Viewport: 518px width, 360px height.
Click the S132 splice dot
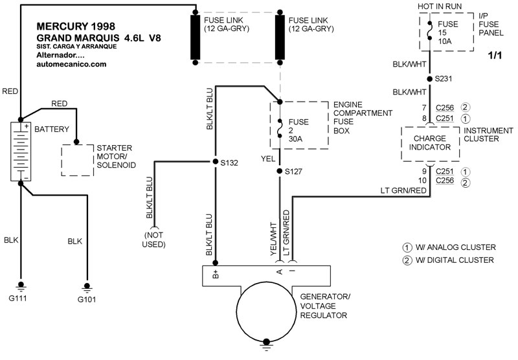point(216,161)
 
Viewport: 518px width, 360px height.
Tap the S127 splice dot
point(280,171)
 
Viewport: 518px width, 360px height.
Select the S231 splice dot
point(429,79)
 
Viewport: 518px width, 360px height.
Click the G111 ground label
point(18,298)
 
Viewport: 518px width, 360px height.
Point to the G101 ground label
point(87,300)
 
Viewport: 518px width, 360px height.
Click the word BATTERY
point(52,129)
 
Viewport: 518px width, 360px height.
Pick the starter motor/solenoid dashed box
point(77,160)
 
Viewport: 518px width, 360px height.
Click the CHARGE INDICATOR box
point(430,144)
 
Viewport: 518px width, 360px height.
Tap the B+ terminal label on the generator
point(216,274)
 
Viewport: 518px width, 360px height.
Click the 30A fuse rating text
point(295,139)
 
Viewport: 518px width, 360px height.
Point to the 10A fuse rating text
point(445,41)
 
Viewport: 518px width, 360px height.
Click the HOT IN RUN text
point(440,6)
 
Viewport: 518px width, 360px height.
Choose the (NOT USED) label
point(153,240)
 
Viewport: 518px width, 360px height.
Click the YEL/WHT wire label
point(273,239)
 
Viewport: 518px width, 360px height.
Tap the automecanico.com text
point(71,64)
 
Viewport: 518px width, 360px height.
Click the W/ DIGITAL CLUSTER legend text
point(455,260)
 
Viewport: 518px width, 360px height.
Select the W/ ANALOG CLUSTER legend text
point(456,247)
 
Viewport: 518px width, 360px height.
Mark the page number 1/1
point(495,55)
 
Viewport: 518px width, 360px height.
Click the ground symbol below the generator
point(266,345)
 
